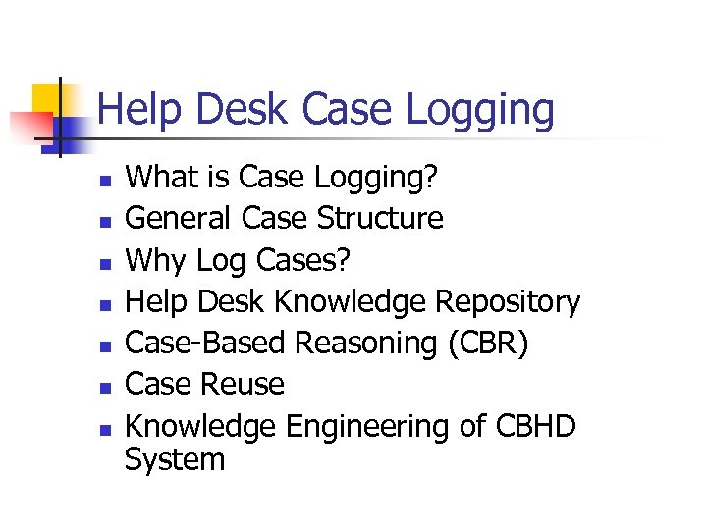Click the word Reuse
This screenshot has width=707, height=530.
tap(245, 385)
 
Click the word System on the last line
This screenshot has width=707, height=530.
tap(175, 459)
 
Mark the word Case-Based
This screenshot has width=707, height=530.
tap(205, 344)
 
